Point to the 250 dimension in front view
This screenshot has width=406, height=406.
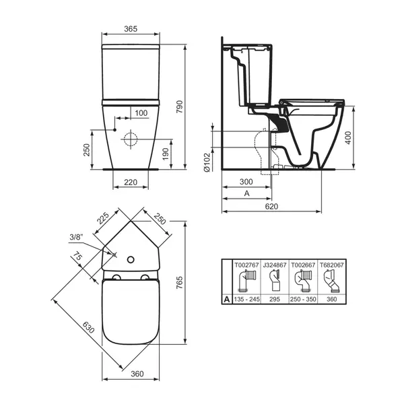point(87,149)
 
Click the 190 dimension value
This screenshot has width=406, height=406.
point(166,154)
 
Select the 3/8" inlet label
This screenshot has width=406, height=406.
point(76,236)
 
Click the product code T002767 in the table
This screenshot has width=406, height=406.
point(245,265)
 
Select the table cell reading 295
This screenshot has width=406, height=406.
point(271,298)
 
